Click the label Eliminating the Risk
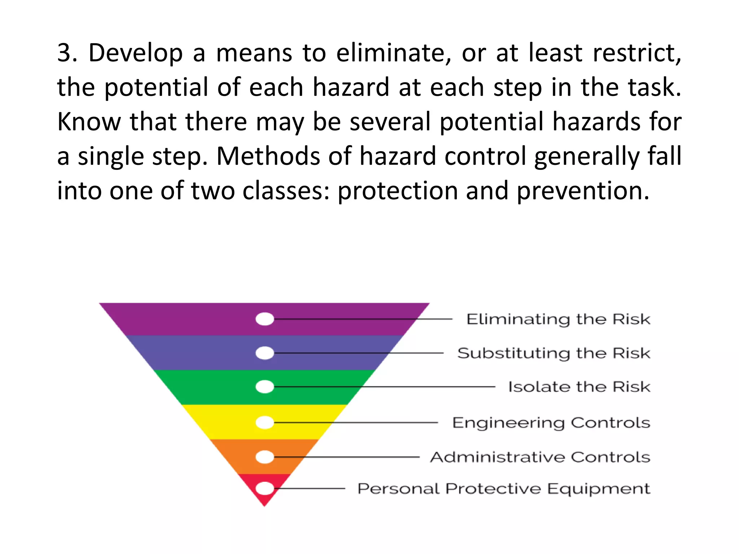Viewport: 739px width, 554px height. coord(558,319)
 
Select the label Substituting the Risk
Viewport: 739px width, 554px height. coord(554,353)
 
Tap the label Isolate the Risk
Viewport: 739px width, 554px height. coord(579,387)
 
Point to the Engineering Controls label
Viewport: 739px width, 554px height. coord(551,422)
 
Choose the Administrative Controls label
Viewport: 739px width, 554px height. coord(540,457)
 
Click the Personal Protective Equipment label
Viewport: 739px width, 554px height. coord(504,489)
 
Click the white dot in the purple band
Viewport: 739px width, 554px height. coord(265,319)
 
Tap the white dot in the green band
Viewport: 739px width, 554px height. coord(265,387)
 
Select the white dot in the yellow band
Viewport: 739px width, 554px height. coord(265,422)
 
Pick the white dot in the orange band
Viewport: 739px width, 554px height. coord(265,457)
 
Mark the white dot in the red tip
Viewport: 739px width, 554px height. coord(265,489)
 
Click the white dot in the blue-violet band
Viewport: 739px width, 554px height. coord(265,353)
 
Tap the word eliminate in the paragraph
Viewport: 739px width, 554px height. coord(393,53)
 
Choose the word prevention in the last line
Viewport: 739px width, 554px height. coord(583,191)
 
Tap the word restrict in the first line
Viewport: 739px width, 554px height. coord(637,53)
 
